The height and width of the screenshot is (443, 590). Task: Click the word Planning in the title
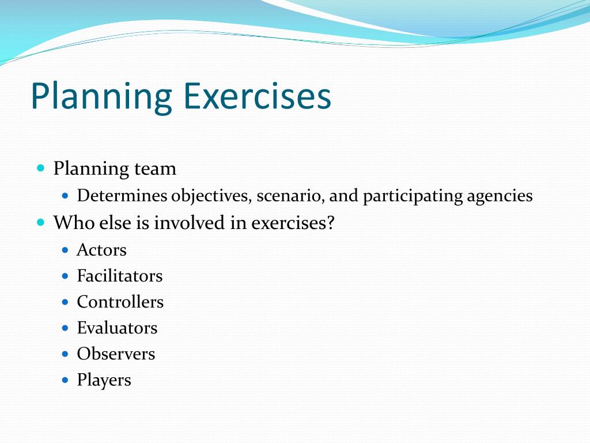(101, 97)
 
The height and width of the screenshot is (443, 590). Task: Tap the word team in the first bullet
(155, 169)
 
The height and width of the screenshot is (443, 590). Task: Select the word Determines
(122, 196)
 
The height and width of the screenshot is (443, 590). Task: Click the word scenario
(290, 196)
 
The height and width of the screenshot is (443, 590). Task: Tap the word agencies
(500, 197)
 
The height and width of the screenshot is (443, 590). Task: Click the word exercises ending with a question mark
(292, 223)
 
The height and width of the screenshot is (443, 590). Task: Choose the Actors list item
(101, 250)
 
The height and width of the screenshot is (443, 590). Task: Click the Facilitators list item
(119, 276)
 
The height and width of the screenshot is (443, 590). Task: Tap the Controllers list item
(120, 302)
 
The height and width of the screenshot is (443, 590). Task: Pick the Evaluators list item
(117, 328)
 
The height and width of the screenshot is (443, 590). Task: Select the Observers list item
(116, 354)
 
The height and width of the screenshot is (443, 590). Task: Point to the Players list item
(104, 381)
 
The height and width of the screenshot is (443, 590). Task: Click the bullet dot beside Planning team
(40, 168)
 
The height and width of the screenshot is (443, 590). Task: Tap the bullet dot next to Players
(65, 380)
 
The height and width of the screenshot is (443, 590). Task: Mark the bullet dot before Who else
(40, 222)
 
